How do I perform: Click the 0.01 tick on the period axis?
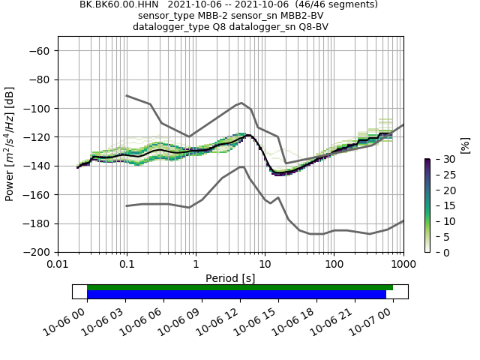pyautogui.click(x=58, y=264)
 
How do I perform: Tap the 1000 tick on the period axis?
pyautogui.click(x=403, y=264)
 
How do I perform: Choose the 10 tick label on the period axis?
pyautogui.click(x=265, y=264)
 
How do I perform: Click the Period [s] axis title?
pyautogui.click(x=230, y=277)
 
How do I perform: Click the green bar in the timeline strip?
pyautogui.click(x=240, y=287)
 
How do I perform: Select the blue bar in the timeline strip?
pyautogui.click(x=236, y=294)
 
